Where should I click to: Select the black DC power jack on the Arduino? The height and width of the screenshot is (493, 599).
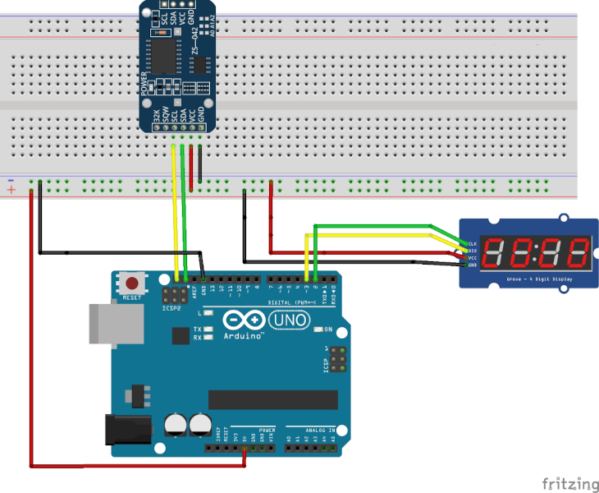(x=128, y=431)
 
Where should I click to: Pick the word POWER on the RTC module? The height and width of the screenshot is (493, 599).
(x=144, y=84)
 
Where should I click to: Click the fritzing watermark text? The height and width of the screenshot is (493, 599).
(x=569, y=483)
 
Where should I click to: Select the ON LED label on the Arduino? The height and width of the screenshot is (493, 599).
(x=327, y=329)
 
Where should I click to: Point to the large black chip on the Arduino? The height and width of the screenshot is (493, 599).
(x=272, y=399)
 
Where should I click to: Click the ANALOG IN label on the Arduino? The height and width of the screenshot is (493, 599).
(x=320, y=430)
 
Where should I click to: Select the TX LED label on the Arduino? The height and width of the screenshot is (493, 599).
(x=198, y=329)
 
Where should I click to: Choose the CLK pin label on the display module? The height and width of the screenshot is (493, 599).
(x=473, y=244)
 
